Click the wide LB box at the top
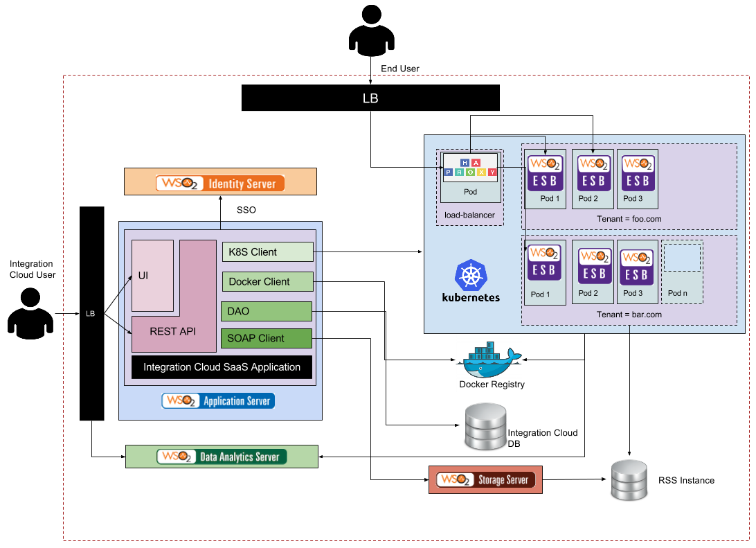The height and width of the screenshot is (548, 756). coord(370,98)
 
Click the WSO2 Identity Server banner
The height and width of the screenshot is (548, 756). coord(220,182)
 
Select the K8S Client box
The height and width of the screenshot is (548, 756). coord(267,252)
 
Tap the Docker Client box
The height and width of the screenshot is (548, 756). coord(267,281)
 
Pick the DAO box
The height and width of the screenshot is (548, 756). coord(267,311)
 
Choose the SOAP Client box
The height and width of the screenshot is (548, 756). coord(267,338)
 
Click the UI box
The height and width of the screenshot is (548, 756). coord(152,276)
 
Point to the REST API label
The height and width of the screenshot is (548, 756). coord(173,331)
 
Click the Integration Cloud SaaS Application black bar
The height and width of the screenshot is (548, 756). coord(222,367)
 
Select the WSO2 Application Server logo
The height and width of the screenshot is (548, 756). coord(218,401)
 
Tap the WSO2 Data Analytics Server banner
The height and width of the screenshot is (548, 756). coord(222,457)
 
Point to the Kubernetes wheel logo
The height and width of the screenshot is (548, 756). coord(471,276)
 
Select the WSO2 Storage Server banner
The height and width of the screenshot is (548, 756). coord(485,479)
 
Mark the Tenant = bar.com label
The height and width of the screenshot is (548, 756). coord(629,315)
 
